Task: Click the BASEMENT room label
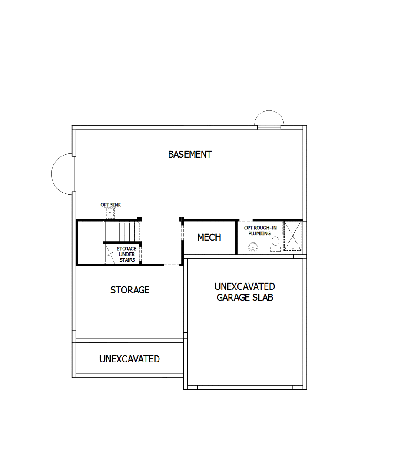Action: (x=190, y=154)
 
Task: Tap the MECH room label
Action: (x=209, y=237)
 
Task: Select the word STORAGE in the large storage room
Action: (x=129, y=290)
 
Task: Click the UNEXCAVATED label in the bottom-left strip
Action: (x=129, y=359)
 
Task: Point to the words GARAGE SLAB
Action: (x=245, y=298)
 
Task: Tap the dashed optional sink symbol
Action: (x=110, y=213)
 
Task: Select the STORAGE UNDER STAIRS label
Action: (x=127, y=254)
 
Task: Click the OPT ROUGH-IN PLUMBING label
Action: (x=260, y=230)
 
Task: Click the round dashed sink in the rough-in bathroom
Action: (x=253, y=247)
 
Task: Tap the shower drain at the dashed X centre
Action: (x=292, y=236)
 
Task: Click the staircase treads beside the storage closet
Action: (x=122, y=230)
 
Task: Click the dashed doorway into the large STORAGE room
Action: (x=172, y=265)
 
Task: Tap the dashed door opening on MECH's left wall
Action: (x=182, y=233)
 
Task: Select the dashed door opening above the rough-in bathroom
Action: (x=246, y=220)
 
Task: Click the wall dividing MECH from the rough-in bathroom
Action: (x=236, y=237)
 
